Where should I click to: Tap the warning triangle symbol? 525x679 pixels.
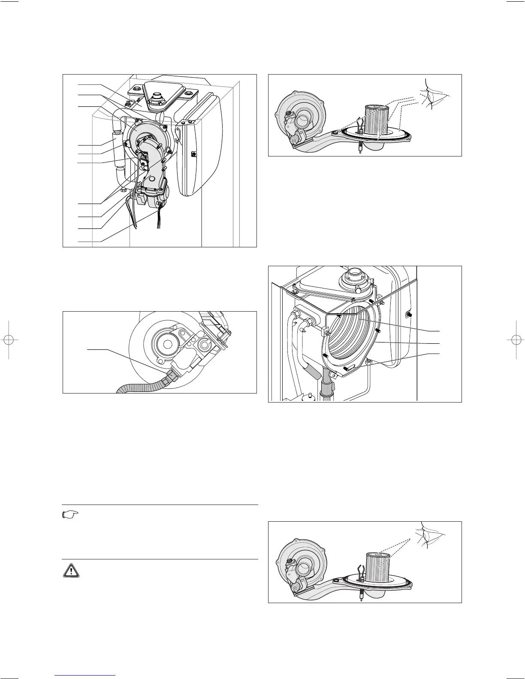pos(70,570)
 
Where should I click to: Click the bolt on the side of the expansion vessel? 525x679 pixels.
pos(194,154)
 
